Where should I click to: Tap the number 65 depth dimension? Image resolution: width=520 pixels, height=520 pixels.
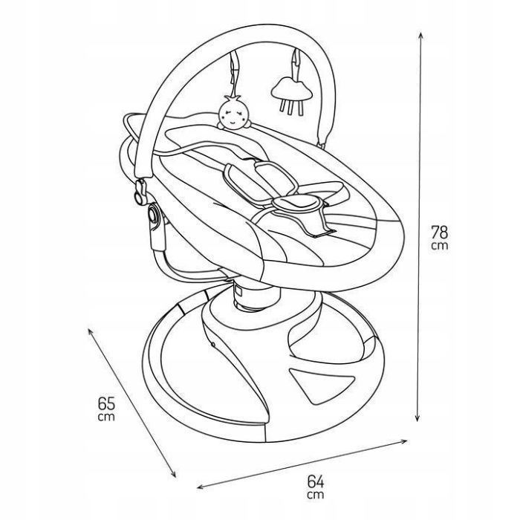[106, 403]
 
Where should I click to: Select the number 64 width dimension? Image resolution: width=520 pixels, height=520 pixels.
[316, 481]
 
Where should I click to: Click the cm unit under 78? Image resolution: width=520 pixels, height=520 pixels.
[440, 246]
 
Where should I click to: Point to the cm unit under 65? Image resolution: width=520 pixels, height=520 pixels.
[106, 417]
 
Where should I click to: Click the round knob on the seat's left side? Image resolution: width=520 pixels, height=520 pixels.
[153, 215]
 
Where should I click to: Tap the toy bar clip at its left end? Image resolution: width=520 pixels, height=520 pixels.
[140, 192]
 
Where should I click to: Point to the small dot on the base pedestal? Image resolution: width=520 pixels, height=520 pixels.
[213, 345]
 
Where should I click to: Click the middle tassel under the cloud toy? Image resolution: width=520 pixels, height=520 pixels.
[292, 106]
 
